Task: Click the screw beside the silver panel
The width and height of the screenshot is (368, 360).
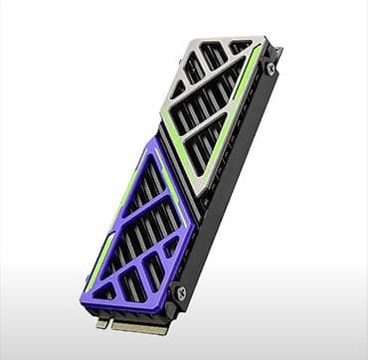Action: (x=271, y=68)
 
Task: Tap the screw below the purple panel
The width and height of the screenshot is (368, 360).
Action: (x=180, y=292)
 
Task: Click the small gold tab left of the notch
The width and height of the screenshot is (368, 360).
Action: (x=101, y=322)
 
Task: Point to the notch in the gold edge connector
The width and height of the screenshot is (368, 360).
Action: (x=110, y=323)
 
